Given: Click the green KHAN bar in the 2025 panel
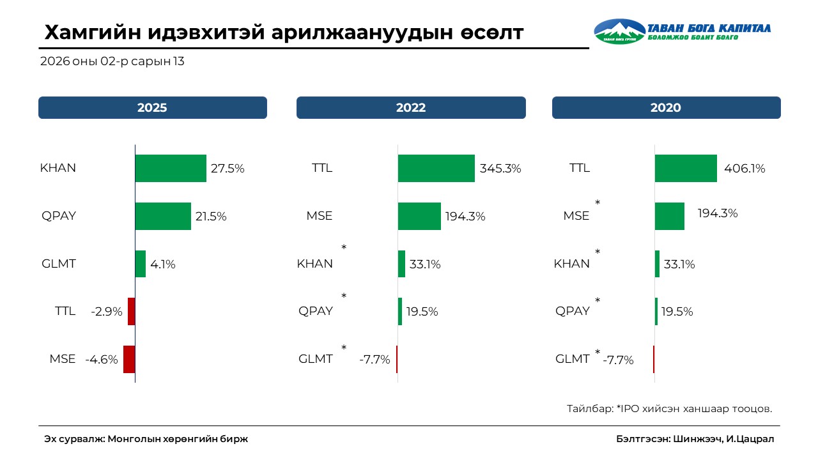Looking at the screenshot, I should pos(171,169).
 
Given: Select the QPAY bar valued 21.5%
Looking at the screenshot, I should pos(163,216).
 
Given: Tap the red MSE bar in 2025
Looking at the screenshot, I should pos(129,359).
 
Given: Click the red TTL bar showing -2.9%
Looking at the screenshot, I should pos(132,312).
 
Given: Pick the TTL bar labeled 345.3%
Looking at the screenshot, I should pos(436,169).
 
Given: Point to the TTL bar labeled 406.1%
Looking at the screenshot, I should pos(686,169).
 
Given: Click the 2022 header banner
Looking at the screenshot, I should pos(411,108).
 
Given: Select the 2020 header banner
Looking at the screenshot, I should pos(666,108).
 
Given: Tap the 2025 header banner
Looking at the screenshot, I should pos(152,108).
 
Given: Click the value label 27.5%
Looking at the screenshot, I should pos(228,169).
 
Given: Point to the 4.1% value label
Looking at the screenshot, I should pos(163,264).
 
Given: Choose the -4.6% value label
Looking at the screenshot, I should pos(102,360).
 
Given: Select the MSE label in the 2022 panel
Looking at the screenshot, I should pos(320,216).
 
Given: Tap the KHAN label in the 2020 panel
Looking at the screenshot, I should pos(571,264).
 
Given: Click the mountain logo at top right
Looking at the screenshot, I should pos(619,31).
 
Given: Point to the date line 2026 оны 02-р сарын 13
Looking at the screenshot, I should pos(112,62).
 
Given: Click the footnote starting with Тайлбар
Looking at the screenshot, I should pos(669,408).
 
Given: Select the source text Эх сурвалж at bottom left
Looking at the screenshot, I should pos(146,439).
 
